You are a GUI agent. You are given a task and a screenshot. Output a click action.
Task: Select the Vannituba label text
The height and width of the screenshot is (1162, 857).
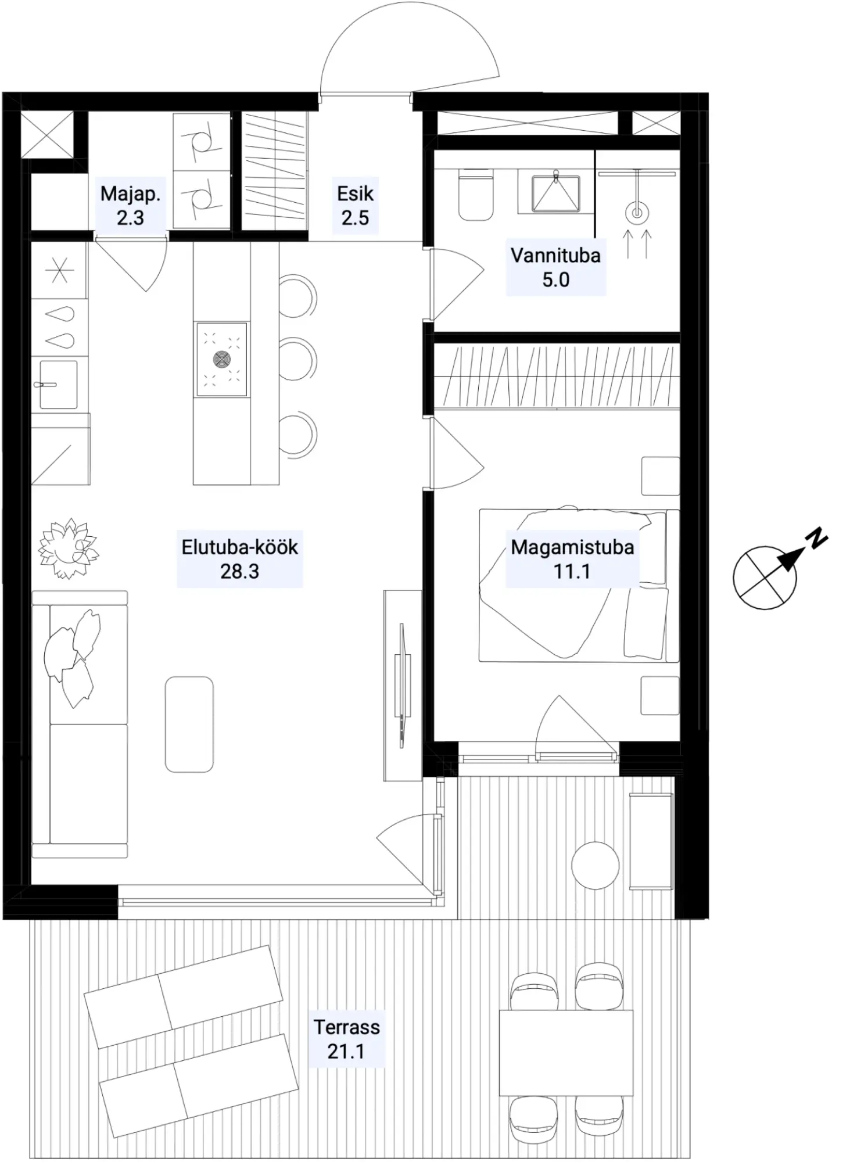pos(555,255)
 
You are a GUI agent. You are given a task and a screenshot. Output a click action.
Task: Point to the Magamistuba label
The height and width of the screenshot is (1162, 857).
pos(572,547)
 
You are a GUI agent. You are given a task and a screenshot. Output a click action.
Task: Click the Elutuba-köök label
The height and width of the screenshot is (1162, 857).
pos(239,547)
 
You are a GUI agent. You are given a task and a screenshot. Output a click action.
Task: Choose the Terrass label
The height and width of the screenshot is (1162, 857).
pos(347,1027)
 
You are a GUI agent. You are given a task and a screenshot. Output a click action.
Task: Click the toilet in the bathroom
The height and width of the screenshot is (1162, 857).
pos(475,195)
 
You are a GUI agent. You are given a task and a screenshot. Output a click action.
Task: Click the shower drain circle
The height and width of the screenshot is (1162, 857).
pos(637,213)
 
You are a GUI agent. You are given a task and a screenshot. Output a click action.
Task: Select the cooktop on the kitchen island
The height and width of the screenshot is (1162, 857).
pos(221,360)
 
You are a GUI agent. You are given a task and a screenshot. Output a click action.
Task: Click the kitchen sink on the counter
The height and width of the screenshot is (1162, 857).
pos(58,384)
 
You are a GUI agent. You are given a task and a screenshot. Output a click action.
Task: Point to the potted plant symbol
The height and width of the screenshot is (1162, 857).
pos(68,548)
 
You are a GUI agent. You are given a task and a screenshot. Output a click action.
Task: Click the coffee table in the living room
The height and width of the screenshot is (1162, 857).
pos(189,724)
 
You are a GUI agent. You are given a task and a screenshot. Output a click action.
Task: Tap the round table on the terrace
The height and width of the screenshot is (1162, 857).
pos(595,865)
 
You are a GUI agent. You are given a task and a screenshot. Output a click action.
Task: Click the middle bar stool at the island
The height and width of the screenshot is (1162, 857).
pos(299,361)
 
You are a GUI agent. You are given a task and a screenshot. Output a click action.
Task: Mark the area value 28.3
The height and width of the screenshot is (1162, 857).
pos(239,572)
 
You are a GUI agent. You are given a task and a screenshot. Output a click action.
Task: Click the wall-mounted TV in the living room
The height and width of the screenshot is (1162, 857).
pos(402,686)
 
